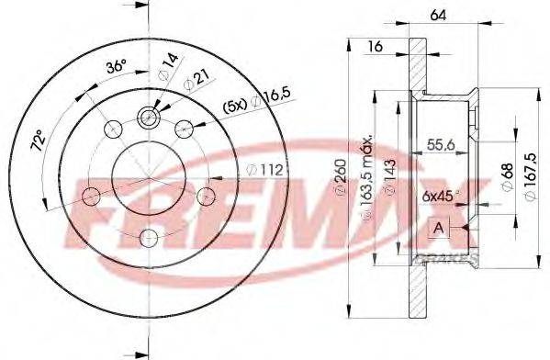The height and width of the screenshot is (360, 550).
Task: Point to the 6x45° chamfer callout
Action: (441, 195)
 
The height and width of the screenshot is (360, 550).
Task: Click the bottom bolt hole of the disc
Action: (148, 238)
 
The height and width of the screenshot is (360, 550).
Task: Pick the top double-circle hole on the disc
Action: (148, 117)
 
